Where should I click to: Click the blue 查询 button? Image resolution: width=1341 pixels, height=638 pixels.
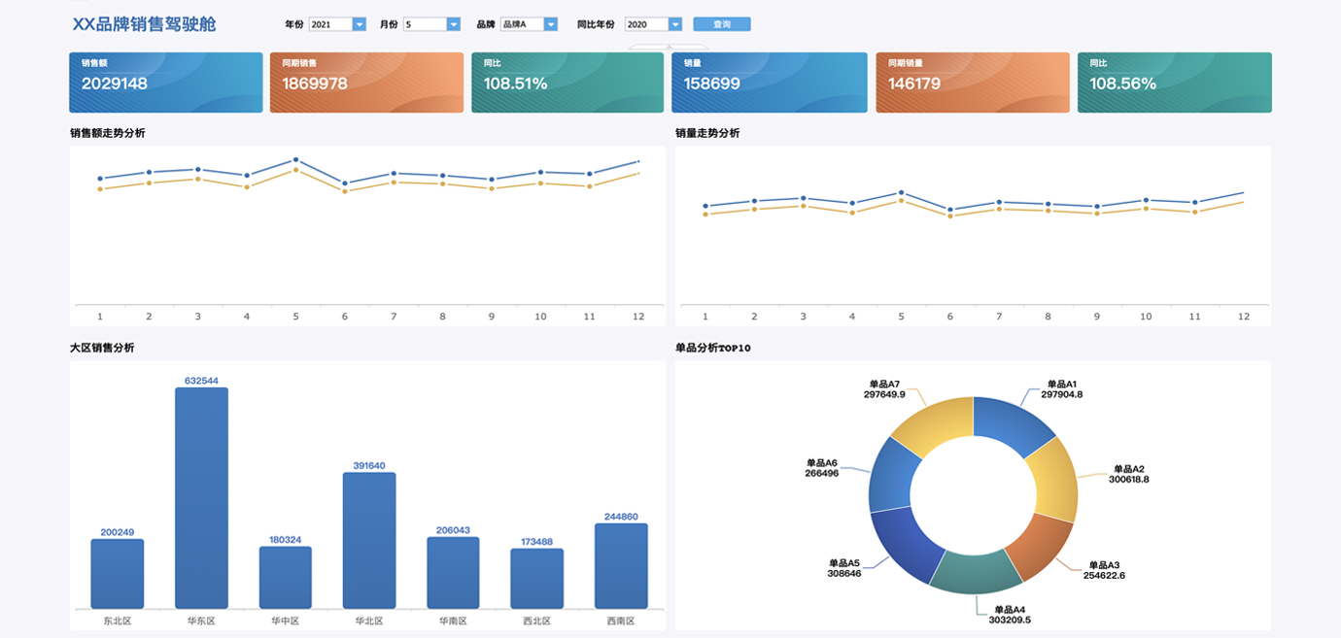tap(721, 24)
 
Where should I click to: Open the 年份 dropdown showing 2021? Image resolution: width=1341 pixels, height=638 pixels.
tap(337, 24)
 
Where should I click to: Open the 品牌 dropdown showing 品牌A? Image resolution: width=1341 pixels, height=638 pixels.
tap(529, 24)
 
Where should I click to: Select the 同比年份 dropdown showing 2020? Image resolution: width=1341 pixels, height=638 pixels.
tap(653, 24)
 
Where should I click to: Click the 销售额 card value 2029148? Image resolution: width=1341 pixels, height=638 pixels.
tap(115, 84)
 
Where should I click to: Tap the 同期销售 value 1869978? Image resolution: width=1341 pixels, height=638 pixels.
tap(315, 84)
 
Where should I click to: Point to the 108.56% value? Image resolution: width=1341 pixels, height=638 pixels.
tap(1122, 84)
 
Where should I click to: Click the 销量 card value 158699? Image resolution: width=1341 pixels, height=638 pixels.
tap(712, 84)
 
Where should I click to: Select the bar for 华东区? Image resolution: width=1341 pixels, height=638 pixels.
tap(201, 497)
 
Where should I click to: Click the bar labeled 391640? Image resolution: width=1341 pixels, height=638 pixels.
tap(369, 540)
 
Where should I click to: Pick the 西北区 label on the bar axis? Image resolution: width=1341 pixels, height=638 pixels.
tap(536, 621)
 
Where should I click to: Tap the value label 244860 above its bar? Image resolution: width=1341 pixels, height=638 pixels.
tap(621, 517)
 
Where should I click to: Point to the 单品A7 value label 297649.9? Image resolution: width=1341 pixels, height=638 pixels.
tap(884, 394)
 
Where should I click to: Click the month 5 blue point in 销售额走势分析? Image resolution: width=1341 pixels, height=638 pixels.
tap(295, 159)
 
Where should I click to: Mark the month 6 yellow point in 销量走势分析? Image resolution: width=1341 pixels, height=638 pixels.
tap(950, 216)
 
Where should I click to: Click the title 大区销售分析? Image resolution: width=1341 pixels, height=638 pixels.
tap(102, 348)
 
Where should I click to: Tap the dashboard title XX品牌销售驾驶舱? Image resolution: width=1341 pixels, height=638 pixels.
tap(144, 24)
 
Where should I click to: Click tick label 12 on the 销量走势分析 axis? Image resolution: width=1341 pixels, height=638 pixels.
tap(1243, 317)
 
